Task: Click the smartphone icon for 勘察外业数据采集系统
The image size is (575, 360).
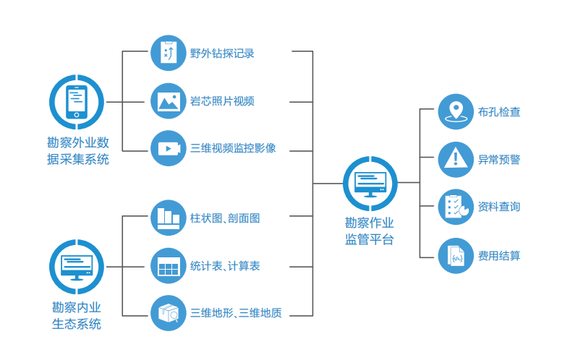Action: pyautogui.click(x=77, y=102)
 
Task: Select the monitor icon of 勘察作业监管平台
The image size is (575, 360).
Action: pyautogui.click(x=370, y=184)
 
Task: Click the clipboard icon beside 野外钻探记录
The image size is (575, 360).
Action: pyautogui.click(x=169, y=53)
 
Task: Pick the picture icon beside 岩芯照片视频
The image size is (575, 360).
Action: pyautogui.click(x=169, y=100)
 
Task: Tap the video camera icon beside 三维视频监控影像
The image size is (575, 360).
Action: pyautogui.click(x=169, y=148)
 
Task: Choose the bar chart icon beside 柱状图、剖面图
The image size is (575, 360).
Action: pyautogui.click(x=169, y=218)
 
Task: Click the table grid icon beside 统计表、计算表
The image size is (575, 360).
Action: pyautogui.click(x=169, y=266)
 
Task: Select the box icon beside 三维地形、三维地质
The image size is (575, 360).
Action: pyautogui.click(x=169, y=314)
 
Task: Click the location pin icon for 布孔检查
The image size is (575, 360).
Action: pyautogui.click(x=456, y=112)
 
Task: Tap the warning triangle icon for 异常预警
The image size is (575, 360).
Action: pyautogui.click(x=456, y=159)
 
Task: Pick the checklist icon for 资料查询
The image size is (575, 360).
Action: pyautogui.click(x=456, y=207)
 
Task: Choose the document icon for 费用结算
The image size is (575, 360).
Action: pyautogui.click(x=456, y=255)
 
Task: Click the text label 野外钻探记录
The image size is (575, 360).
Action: pyautogui.click(x=222, y=53)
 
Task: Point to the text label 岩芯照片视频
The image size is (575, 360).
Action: pyautogui.click(x=222, y=101)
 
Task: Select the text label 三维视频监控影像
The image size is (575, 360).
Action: pyautogui.click(x=233, y=149)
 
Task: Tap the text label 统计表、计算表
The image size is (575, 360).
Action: pyautogui.click(x=225, y=266)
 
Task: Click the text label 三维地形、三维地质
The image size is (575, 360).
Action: pyautogui.click(x=236, y=314)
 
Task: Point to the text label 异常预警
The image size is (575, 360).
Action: pyautogui.click(x=499, y=159)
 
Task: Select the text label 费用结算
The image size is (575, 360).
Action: pyautogui.click(x=499, y=255)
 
